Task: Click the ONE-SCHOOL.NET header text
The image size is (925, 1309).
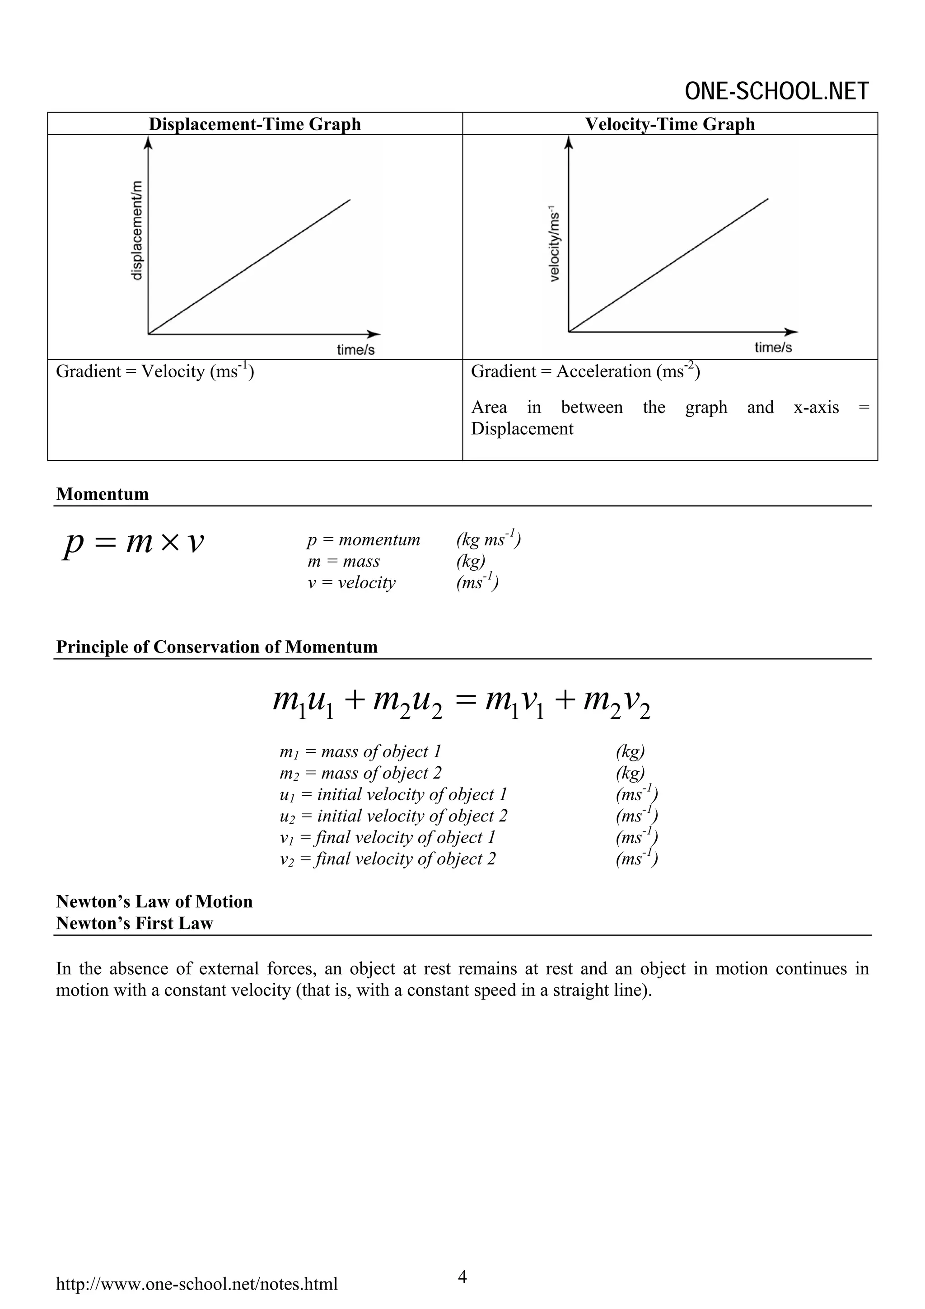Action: click(x=776, y=91)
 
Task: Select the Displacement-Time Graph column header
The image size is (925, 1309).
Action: click(x=255, y=124)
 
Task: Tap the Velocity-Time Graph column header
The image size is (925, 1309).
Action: click(x=670, y=124)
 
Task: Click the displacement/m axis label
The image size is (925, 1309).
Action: click(x=137, y=230)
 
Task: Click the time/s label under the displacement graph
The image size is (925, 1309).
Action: click(x=355, y=349)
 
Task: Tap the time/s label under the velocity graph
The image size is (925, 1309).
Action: click(x=773, y=347)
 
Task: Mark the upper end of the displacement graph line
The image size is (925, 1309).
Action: click(x=350, y=200)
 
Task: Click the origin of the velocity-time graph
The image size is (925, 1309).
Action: click(x=569, y=331)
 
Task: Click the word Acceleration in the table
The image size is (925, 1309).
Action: click(x=603, y=372)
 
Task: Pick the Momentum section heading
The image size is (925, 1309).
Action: click(x=103, y=494)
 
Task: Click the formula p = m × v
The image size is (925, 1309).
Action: click(x=133, y=543)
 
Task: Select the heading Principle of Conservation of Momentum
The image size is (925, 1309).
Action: click(x=217, y=647)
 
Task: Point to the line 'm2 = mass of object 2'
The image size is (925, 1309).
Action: click(x=360, y=773)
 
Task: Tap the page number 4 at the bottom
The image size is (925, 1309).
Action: click(x=462, y=1276)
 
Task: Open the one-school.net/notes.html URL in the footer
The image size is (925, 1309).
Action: click(x=196, y=1284)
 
